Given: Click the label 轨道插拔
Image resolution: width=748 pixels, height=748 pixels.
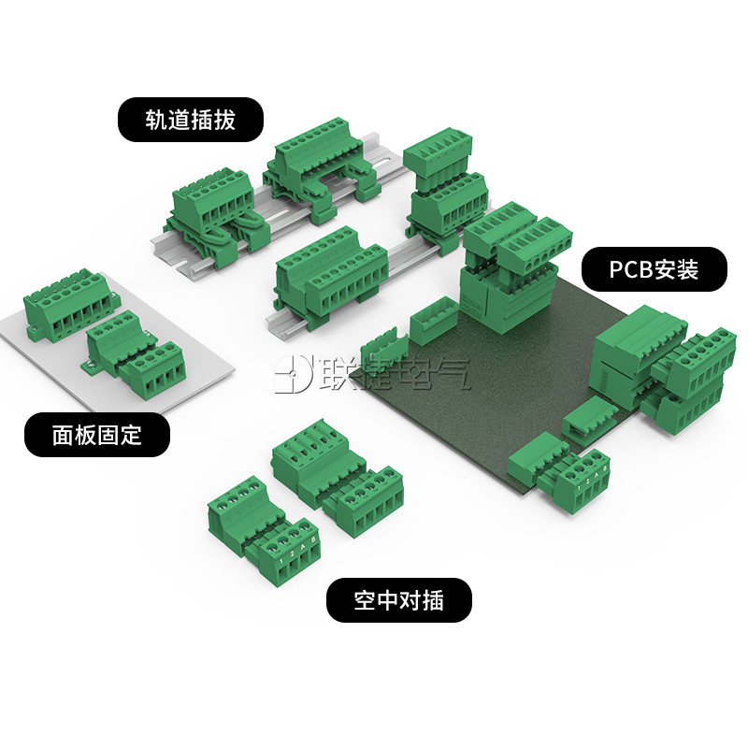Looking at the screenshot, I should [x=190, y=121].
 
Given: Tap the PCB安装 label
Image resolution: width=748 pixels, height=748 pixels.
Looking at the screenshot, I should [x=654, y=270].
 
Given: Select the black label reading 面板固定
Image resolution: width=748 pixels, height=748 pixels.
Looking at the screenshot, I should [x=97, y=434].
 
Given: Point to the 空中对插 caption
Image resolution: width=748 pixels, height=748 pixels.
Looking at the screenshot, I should [x=398, y=599].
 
